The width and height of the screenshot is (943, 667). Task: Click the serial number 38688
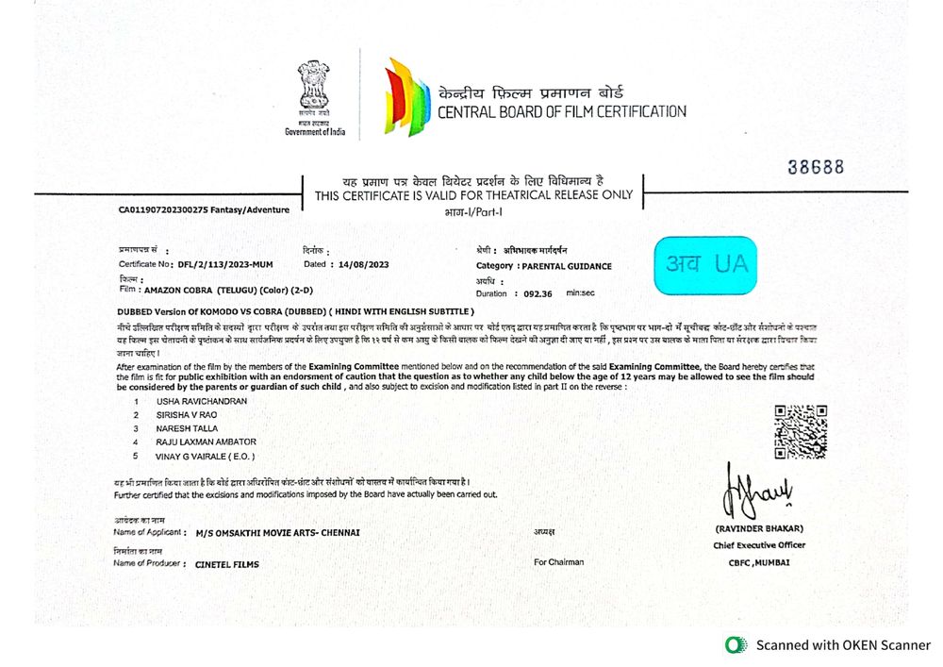[816, 167]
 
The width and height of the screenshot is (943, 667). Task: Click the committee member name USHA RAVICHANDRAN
[202, 401]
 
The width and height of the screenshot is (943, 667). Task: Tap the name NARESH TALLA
[187, 428]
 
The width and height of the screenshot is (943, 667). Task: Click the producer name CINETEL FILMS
[226, 564]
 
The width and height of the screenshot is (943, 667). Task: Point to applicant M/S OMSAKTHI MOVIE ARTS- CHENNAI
[277, 532]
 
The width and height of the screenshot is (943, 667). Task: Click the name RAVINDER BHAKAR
[759, 528]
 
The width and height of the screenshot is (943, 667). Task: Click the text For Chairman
[558, 562]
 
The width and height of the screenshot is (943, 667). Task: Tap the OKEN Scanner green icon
[735, 645]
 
